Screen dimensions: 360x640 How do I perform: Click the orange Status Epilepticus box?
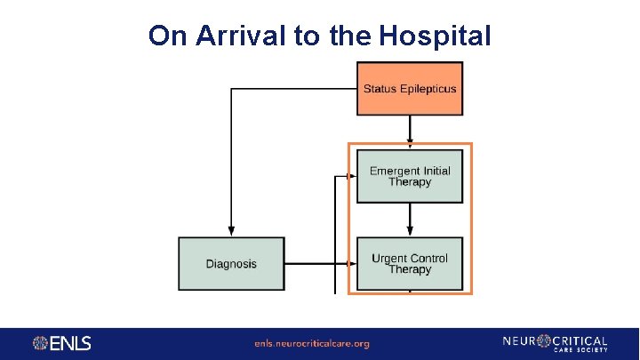click(410, 88)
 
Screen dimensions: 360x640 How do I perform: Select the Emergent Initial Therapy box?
click(410, 176)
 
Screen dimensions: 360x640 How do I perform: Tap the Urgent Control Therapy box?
click(410, 263)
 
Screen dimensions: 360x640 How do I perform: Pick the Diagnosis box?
click(231, 263)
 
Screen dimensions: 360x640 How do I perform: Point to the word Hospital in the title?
click(435, 36)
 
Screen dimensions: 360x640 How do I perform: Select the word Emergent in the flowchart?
click(394, 171)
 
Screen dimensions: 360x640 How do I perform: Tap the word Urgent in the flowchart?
click(388, 259)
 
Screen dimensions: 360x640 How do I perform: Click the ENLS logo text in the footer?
click(71, 343)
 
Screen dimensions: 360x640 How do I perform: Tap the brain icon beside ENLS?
click(41, 343)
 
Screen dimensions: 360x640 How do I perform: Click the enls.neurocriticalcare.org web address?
click(311, 343)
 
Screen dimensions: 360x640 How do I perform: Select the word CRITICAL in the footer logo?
click(579, 340)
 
